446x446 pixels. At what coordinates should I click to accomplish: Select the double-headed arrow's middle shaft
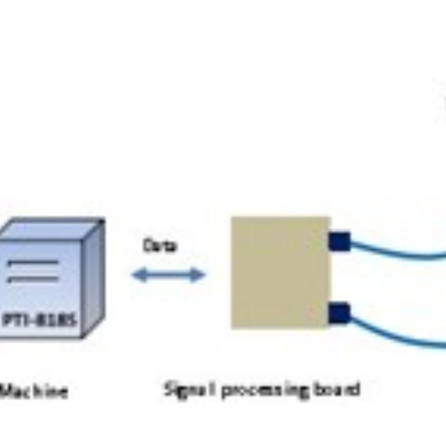pyautogui.click(x=168, y=275)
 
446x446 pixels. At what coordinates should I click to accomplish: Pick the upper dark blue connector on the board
pyautogui.click(x=339, y=241)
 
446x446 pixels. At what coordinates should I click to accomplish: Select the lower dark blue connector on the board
pyautogui.click(x=339, y=313)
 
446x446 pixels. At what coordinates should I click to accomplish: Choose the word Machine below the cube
pyautogui.click(x=33, y=391)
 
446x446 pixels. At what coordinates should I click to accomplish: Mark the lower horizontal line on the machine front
pyautogui.click(x=32, y=279)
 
